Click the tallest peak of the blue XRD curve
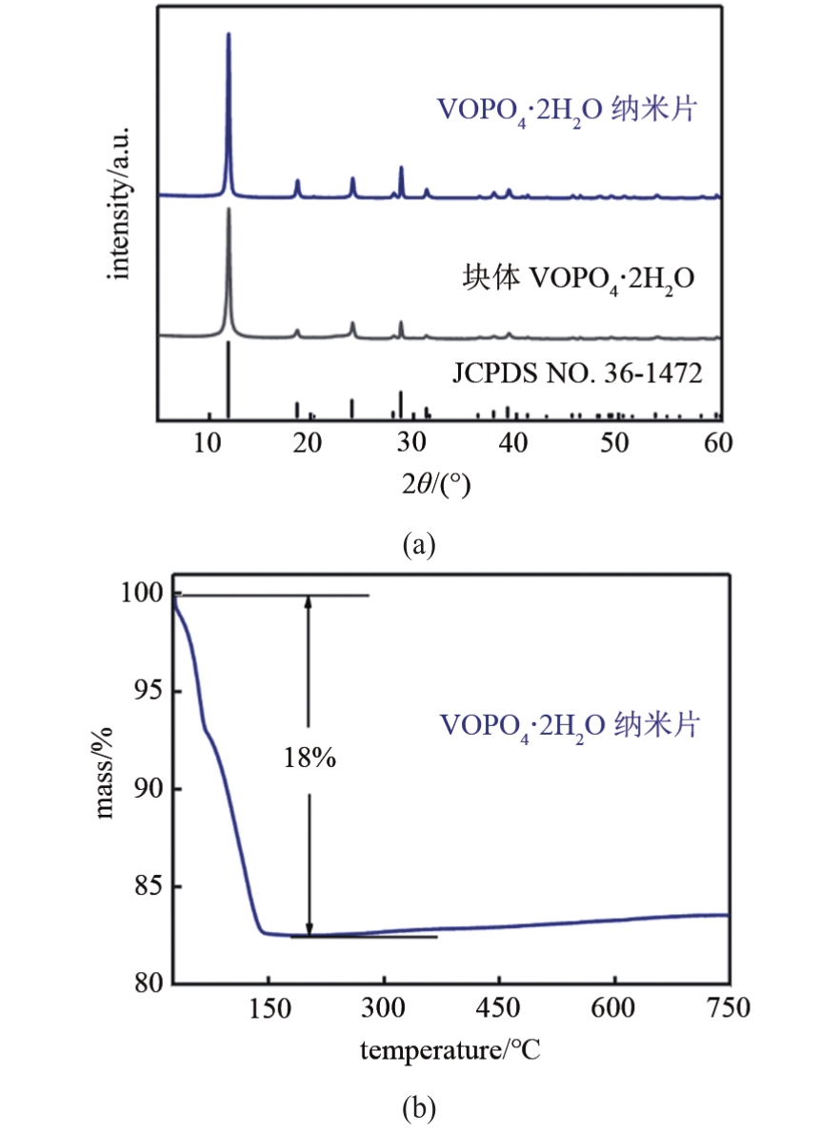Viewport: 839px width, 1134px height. pos(229,35)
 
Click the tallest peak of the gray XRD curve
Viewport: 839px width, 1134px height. pos(229,210)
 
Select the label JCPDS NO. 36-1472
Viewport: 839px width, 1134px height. pos(577,374)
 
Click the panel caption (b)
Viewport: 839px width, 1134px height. pos(419,1107)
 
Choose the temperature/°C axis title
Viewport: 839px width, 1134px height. pos(450,1051)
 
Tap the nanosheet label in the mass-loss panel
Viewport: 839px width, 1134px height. pos(569,725)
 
